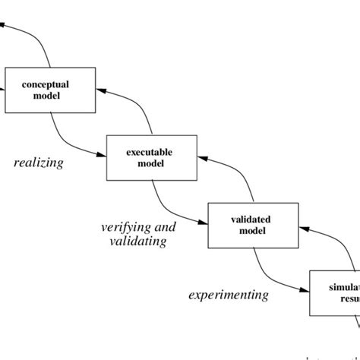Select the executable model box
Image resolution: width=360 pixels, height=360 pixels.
(151, 158)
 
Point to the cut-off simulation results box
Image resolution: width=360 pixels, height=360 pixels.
(335, 292)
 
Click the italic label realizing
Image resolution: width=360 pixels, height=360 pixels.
(39, 163)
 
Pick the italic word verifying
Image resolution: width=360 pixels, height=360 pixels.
(121, 227)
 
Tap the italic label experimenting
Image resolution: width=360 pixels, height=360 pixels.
(228, 295)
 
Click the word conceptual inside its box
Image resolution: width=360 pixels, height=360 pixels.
(50, 85)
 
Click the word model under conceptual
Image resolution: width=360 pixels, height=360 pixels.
(50, 96)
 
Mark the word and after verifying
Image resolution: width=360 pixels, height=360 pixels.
(164, 227)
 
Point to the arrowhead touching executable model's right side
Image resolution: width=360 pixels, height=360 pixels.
(201, 157)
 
